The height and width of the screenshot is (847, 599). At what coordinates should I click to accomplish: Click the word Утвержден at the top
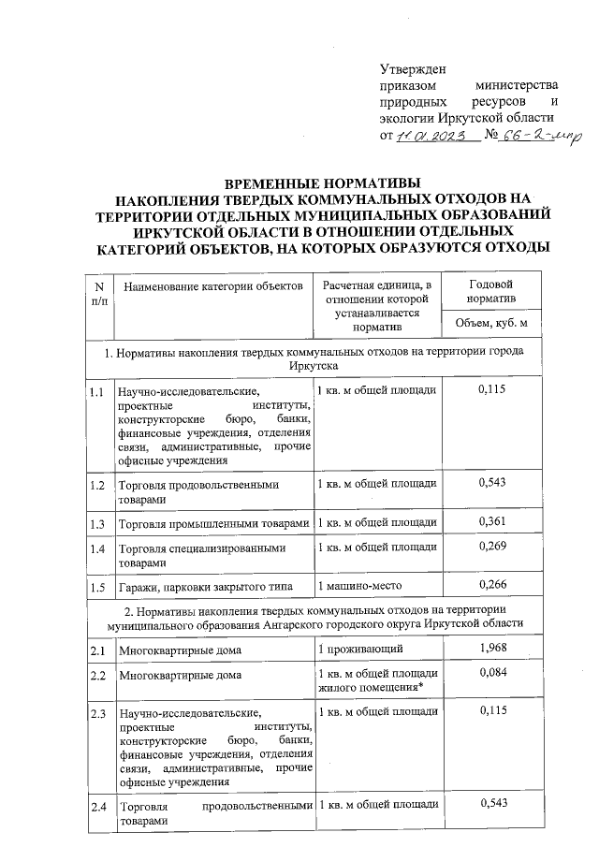tap(413, 66)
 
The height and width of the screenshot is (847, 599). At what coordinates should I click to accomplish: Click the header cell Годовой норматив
tap(490, 291)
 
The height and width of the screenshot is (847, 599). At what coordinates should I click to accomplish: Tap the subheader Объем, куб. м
tap(490, 323)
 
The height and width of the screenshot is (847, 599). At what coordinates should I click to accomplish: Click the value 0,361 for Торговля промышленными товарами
tap(491, 520)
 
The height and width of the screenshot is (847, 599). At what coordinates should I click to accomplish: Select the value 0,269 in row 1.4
tap(491, 546)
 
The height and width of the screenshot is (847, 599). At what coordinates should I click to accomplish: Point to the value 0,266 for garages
tap(491, 585)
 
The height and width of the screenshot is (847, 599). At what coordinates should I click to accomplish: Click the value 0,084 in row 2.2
tap(491, 673)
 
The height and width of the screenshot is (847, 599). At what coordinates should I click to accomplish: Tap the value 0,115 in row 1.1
tap(491, 388)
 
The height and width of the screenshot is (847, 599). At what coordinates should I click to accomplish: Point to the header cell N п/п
tap(97, 291)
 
